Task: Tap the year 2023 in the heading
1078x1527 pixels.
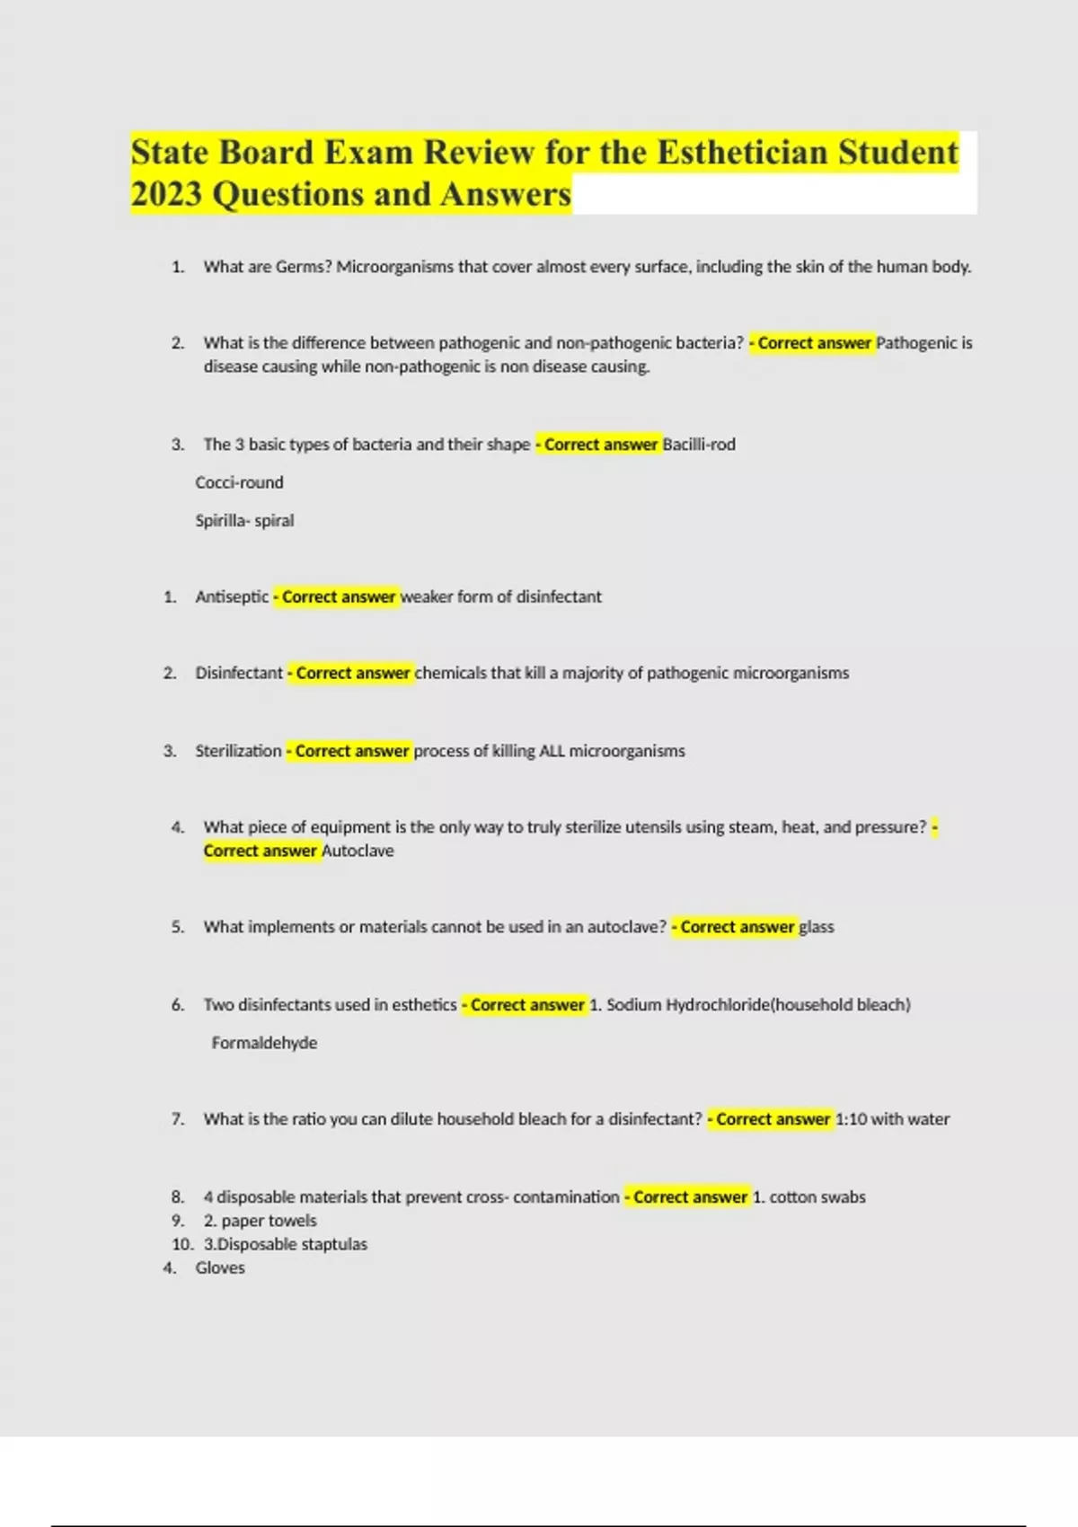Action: [x=166, y=195]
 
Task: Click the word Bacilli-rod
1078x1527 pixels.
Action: [x=699, y=445]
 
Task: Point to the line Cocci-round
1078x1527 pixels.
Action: [x=239, y=482]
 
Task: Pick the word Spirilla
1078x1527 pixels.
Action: [x=220, y=521]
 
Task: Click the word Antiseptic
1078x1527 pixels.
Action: [x=232, y=597]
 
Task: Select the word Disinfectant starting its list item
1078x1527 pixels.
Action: [x=239, y=674]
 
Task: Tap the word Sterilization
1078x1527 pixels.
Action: [x=238, y=751]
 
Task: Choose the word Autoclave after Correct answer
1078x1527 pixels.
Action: [x=358, y=852]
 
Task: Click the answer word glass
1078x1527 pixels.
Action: [x=817, y=927]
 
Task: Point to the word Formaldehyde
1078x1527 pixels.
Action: [x=264, y=1043]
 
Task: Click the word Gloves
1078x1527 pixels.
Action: [x=220, y=1268]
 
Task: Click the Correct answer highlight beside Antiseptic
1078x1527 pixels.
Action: [x=337, y=597]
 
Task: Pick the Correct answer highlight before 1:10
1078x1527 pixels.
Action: [x=771, y=1119]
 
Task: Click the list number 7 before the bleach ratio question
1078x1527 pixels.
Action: [x=177, y=1119]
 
